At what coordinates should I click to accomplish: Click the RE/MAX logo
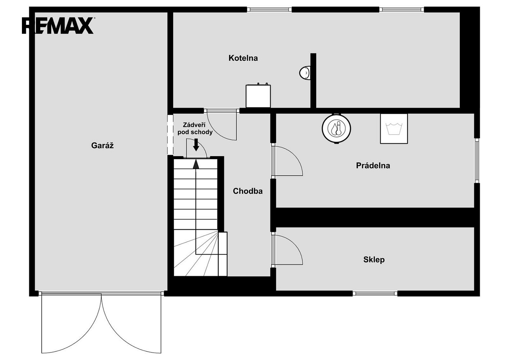tap(58, 26)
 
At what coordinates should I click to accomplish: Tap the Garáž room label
tap(102, 145)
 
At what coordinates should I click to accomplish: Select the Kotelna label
tap(243, 58)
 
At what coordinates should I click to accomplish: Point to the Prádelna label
tap(373, 165)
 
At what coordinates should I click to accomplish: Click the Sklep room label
tap(374, 260)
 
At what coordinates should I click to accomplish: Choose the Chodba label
tap(248, 191)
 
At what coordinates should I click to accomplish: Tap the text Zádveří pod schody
tap(195, 129)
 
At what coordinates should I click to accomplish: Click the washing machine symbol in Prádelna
tap(394, 129)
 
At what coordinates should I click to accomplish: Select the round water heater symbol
tap(336, 129)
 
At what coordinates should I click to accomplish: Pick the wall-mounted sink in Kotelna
tap(305, 73)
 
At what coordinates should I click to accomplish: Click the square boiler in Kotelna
tap(258, 95)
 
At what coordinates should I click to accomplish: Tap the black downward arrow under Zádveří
tap(196, 145)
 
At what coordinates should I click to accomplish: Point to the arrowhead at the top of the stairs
tap(196, 164)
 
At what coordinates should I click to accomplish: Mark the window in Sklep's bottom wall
tap(375, 294)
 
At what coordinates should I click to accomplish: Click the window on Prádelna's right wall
tap(477, 160)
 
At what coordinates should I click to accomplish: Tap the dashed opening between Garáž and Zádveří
tap(170, 135)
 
